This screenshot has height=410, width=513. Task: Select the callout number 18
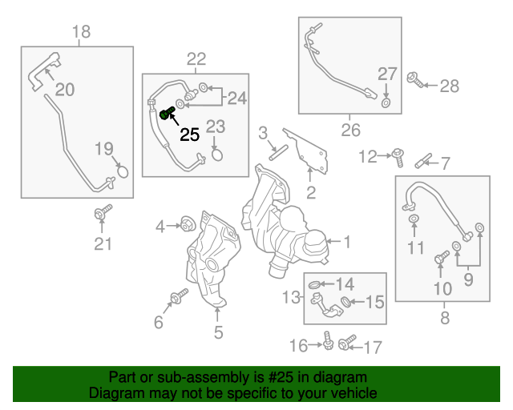pos(81,33)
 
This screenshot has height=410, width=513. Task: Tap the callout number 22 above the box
pos(196,58)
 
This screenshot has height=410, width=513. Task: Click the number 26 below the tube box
pos(350,130)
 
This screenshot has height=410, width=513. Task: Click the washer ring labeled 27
pos(386,102)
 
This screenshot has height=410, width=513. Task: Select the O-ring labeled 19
pos(122,170)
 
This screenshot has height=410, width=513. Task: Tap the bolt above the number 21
pos(102,213)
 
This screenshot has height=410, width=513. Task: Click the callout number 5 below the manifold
pos(217,332)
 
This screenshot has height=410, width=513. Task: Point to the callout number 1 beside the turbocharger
pos(347,239)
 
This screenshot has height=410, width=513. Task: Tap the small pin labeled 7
pos(422,163)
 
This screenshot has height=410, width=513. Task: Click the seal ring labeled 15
pos(347,301)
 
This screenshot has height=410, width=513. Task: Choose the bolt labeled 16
pos(328,342)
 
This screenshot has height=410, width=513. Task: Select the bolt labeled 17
pos(345,344)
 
